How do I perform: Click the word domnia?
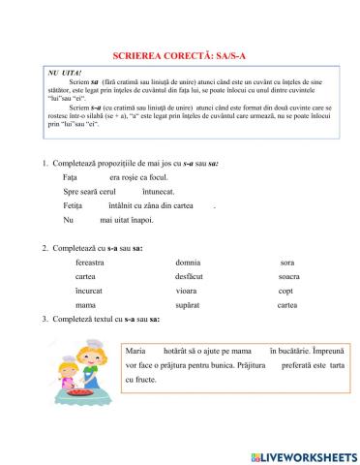coord(188,263)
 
